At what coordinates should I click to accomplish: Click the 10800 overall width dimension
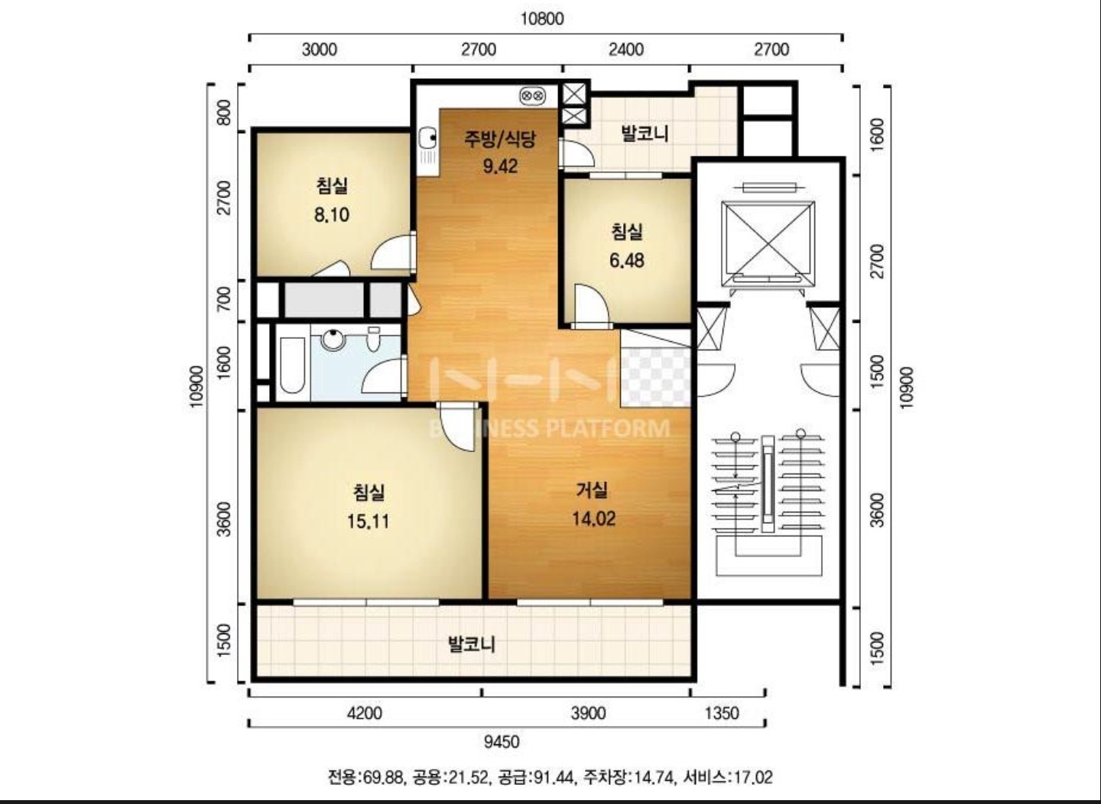pyautogui.click(x=542, y=19)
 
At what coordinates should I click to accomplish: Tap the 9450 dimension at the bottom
pyautogui.click(x=502, y=741)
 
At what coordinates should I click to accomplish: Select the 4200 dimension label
pyautogui.click(x=364, y=713)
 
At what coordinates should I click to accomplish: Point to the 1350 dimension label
pyautogui.click(x=722, y=713)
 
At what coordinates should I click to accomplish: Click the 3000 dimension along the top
pyautogui.click(x=320, y=50)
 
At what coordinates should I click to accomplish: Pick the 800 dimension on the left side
pyautogui.click(x=223, y=112)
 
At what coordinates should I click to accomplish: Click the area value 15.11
pyautogui.click(x=369, y=521)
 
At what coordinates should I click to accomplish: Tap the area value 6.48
pyautogui.click(x=627, y=261)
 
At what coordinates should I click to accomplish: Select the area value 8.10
pyautogui.click(x=332, y=215)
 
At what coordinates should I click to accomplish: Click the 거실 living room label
pyautogui.click(x=593, y=490)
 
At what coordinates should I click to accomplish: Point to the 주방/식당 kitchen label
pyautogui.click(x=500, y=139)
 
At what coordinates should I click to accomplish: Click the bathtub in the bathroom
pyautogui.click(x=292, y=365)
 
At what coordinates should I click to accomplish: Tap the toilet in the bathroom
pyautogui.click(x=374, y=339)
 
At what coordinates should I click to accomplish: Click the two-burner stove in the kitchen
pyautogui.click(x=533, y=96)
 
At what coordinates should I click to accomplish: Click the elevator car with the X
pyautogui.click(x=768, y=243)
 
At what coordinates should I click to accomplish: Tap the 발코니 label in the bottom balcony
pyautogui.click(x=471, y=643)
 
